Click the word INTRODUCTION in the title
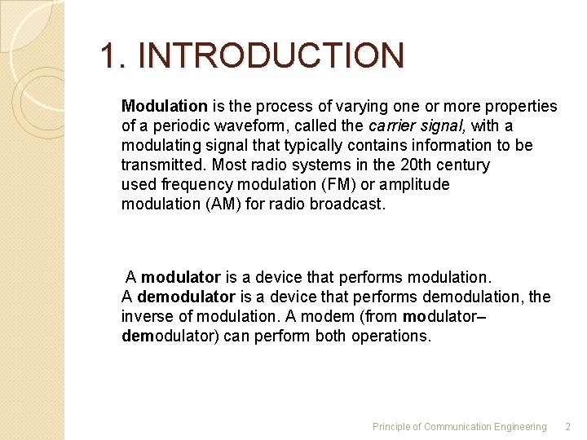click(271, 56)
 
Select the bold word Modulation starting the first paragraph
click(164, 107)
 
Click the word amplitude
click(417, 185)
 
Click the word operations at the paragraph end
click(391, 336)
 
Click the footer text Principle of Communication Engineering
click(459, 427)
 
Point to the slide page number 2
click(568, 427)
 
